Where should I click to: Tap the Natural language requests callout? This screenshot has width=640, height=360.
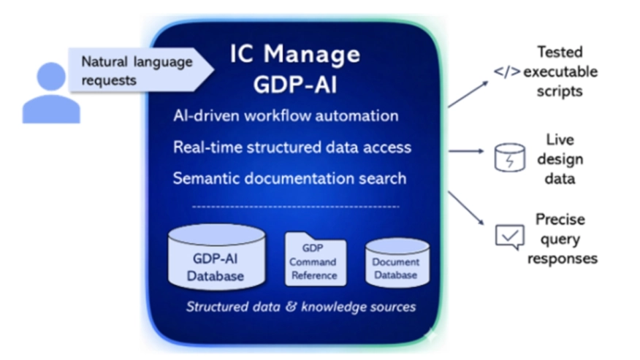tap(137, 71)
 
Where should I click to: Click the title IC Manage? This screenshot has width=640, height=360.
tap(295, 54)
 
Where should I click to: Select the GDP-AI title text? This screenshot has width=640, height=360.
tap(294, 84)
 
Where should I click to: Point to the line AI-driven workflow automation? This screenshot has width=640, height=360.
tap(286, 115)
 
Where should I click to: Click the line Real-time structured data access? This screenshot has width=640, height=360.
tap(292, 147)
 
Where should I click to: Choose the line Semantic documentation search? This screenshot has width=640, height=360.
tap(290, 177)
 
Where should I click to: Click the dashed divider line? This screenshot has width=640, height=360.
tap(295, 207)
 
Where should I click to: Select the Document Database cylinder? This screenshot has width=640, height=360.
tap(395, 263)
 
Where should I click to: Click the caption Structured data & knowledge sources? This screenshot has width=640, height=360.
tap(300, 306)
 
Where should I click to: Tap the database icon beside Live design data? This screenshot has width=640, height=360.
tap(509, 156)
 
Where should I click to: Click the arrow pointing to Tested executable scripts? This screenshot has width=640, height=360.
tap(468, 94)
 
